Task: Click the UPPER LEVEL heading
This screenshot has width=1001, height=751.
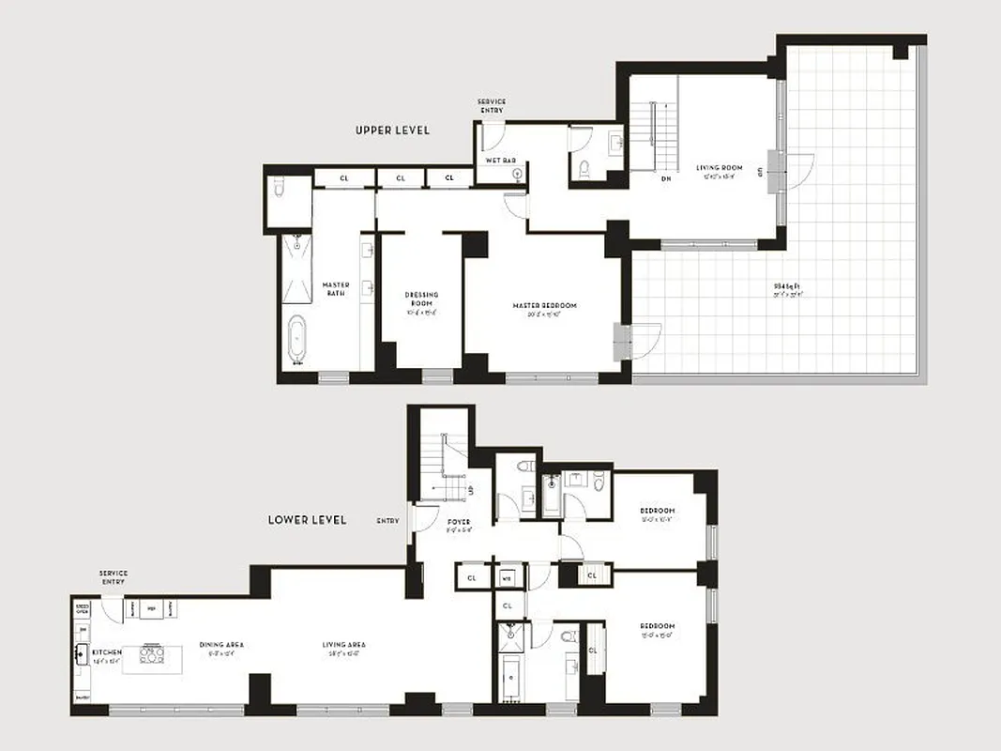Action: pyautogui.click(x=392, y=130)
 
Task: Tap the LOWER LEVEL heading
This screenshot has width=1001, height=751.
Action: pyautogui.click(x=307, y=519)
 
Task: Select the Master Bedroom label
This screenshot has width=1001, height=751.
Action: pyautogui.click(x=544, y=306)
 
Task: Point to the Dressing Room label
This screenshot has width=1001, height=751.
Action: pyautogui.click(x=421, y=299)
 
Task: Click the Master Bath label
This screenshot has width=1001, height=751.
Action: pyautogui.click(x=335, y=289)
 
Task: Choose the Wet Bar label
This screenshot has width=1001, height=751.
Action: pyautogui.click(x=500, y=161)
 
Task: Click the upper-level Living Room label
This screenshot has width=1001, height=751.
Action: pyautogui.click(x=719, y=169)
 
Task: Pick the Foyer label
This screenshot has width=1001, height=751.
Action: pyautogui.click(x=459, y=522)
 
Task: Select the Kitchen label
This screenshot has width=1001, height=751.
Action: pyautogui.click(x=106, y=651)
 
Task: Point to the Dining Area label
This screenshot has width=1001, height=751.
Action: pyautogui.click(x=221, y=645)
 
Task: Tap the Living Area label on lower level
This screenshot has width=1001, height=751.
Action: pyautogui.click(x=343, y=645)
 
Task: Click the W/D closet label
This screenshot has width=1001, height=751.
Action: pyautogui.click(x=506, y=577)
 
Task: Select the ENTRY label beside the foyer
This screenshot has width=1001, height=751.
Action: pyautogui.click(x=387, y=520)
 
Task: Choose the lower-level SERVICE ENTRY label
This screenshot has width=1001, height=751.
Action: pyautogui.click(x=113, y=577)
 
